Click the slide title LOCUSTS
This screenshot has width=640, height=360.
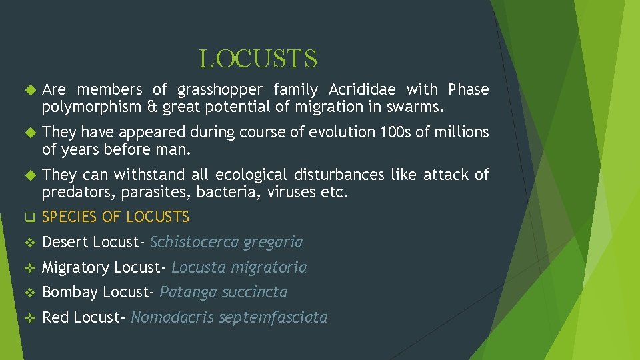[x=258, y=59]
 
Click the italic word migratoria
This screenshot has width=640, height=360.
[x=269, y=267]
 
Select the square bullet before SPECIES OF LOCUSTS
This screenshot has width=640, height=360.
[x=28, y=217]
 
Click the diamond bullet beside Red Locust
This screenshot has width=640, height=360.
[x=28, y=318]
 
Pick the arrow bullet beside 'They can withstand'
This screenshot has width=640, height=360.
[x=28, y=175]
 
